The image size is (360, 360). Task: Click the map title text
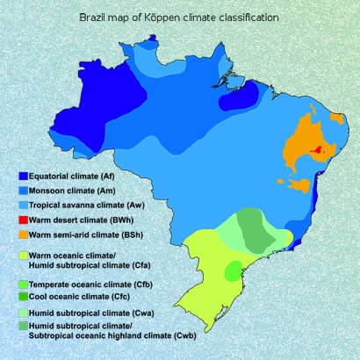(x=179, y=18)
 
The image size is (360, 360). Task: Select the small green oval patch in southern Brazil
(x=233, y=271)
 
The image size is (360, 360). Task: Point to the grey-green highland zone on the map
(x=255, y=229)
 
